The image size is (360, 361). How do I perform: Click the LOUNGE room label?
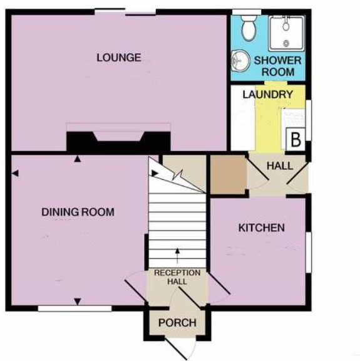(118, 58)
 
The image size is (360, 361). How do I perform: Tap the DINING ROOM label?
(78, 212)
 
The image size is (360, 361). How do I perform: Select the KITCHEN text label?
(261, 228)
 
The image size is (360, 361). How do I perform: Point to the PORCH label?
(177, 323)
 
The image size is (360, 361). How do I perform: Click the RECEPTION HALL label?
(177, 277)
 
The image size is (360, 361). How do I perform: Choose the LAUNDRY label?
(268, 95)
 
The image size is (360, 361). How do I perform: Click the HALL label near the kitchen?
(279, 165)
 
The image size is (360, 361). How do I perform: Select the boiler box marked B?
(295, 139)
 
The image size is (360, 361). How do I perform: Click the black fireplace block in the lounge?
(119, 140)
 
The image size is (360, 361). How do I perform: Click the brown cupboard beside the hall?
(227, 174)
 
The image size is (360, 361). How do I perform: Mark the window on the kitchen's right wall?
(307, 252)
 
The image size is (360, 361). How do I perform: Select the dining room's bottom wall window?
(75, 308)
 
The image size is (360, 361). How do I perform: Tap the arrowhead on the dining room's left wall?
(15, 172)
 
